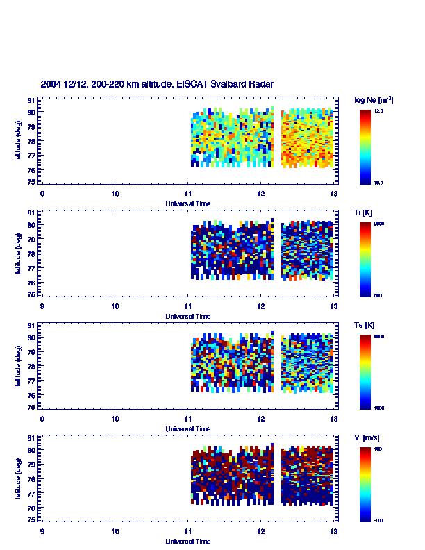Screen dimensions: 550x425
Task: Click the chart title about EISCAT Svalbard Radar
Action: tap(157, 84)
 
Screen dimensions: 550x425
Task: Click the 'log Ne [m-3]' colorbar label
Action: tap(374, 100)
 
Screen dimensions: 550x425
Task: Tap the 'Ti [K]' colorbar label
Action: tap(364, 213)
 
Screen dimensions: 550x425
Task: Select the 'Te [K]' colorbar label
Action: tap(365, 326)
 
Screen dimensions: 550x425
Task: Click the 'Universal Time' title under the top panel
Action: tap(188, 203)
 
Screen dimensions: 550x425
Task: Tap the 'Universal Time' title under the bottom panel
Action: tap(188, 541)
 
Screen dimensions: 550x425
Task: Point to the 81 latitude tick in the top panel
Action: tap(31, 100)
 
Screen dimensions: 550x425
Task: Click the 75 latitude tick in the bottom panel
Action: tap(31, 519)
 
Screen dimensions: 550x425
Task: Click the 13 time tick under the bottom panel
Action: tap(334, 531)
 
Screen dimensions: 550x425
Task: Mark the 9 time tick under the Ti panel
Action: tap(42, 306)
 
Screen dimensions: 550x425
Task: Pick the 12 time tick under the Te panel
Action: tap(261, 419)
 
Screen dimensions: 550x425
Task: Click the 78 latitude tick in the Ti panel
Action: tap(31, 254)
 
